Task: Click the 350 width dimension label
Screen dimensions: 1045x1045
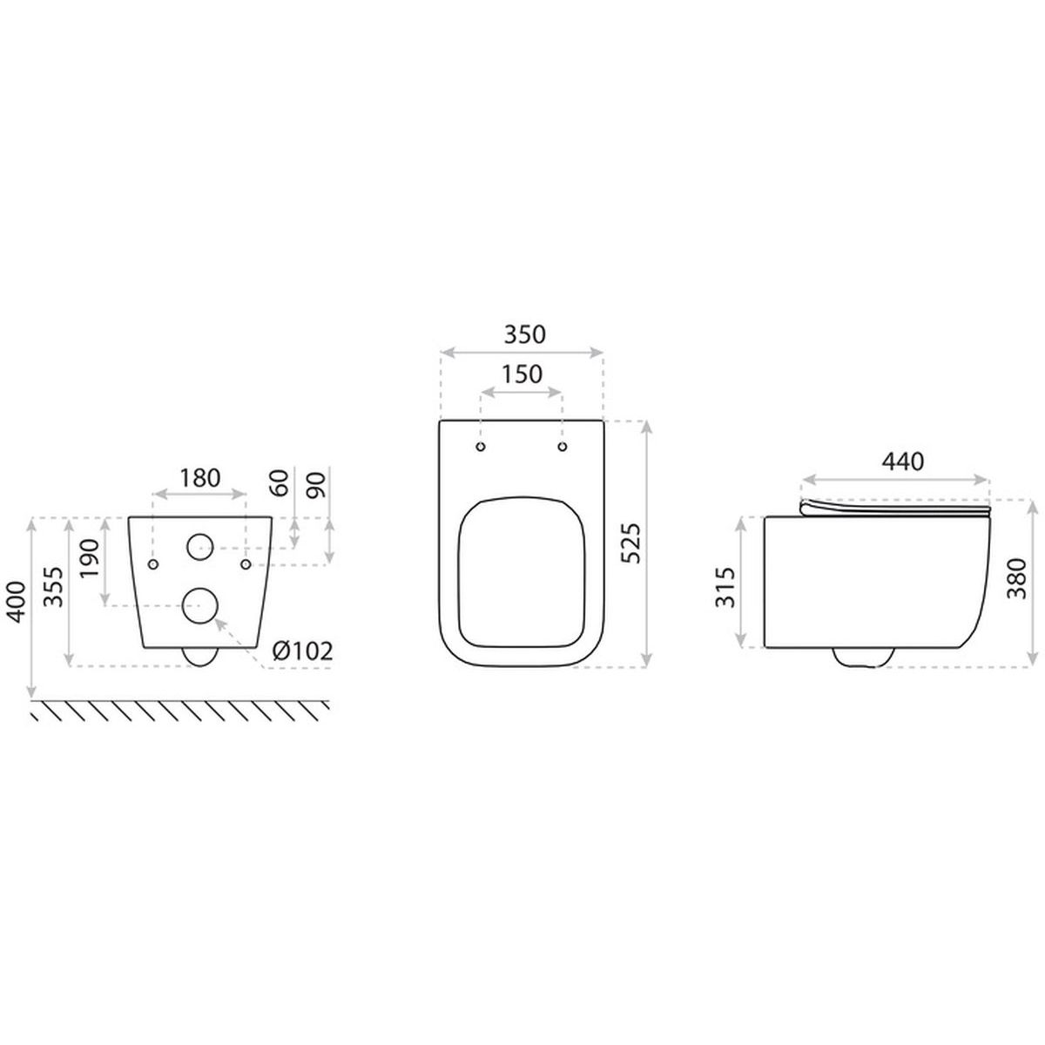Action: tap(524, 334)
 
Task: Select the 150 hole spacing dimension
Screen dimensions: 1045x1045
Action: tap(521, 374)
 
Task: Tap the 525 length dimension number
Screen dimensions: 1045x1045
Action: tap(630, 543)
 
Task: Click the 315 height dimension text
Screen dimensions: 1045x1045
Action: tap(725, 587)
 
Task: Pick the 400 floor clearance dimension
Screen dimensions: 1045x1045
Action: tap(16, 602)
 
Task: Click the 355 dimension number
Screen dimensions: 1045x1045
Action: tap(54, 587)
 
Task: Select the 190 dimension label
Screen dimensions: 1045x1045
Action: tap(90, 558)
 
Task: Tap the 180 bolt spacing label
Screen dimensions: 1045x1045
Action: tap(200, 478)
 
